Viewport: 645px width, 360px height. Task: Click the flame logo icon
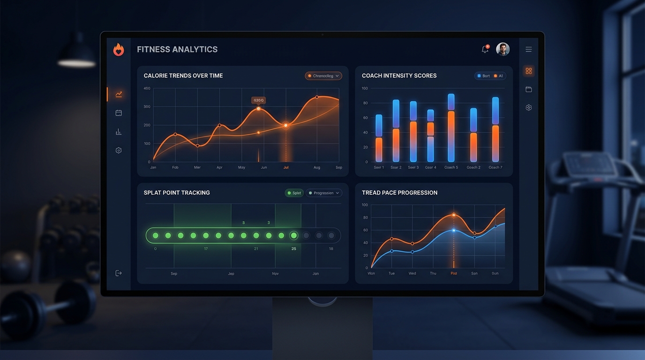(119, 50)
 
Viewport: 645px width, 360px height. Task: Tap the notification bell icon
(485, 49)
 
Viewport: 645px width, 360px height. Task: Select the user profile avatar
(502, 49)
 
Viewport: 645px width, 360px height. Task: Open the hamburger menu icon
(529, 49)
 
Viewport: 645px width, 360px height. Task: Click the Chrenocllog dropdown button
(323, 75)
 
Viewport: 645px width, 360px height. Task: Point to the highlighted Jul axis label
(286, 167)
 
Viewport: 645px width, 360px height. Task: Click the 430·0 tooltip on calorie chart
(258, 100)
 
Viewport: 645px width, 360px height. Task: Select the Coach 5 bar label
(451, 167)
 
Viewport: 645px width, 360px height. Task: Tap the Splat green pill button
(294, 193)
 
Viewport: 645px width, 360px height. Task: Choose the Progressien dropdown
(324, 193)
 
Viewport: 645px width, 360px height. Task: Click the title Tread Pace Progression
(399, 193)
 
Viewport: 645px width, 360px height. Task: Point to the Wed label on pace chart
(412, 273)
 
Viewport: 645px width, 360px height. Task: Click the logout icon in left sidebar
(119, 273)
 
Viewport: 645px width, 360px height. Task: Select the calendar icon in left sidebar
(119, 113)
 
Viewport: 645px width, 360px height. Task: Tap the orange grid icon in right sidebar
(529, 71)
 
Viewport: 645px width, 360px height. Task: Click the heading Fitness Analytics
(177, 49)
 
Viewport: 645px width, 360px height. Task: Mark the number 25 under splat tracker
(294, 248)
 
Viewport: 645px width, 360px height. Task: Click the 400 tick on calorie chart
(147, 88)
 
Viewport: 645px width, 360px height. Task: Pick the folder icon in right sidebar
(529, 90)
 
